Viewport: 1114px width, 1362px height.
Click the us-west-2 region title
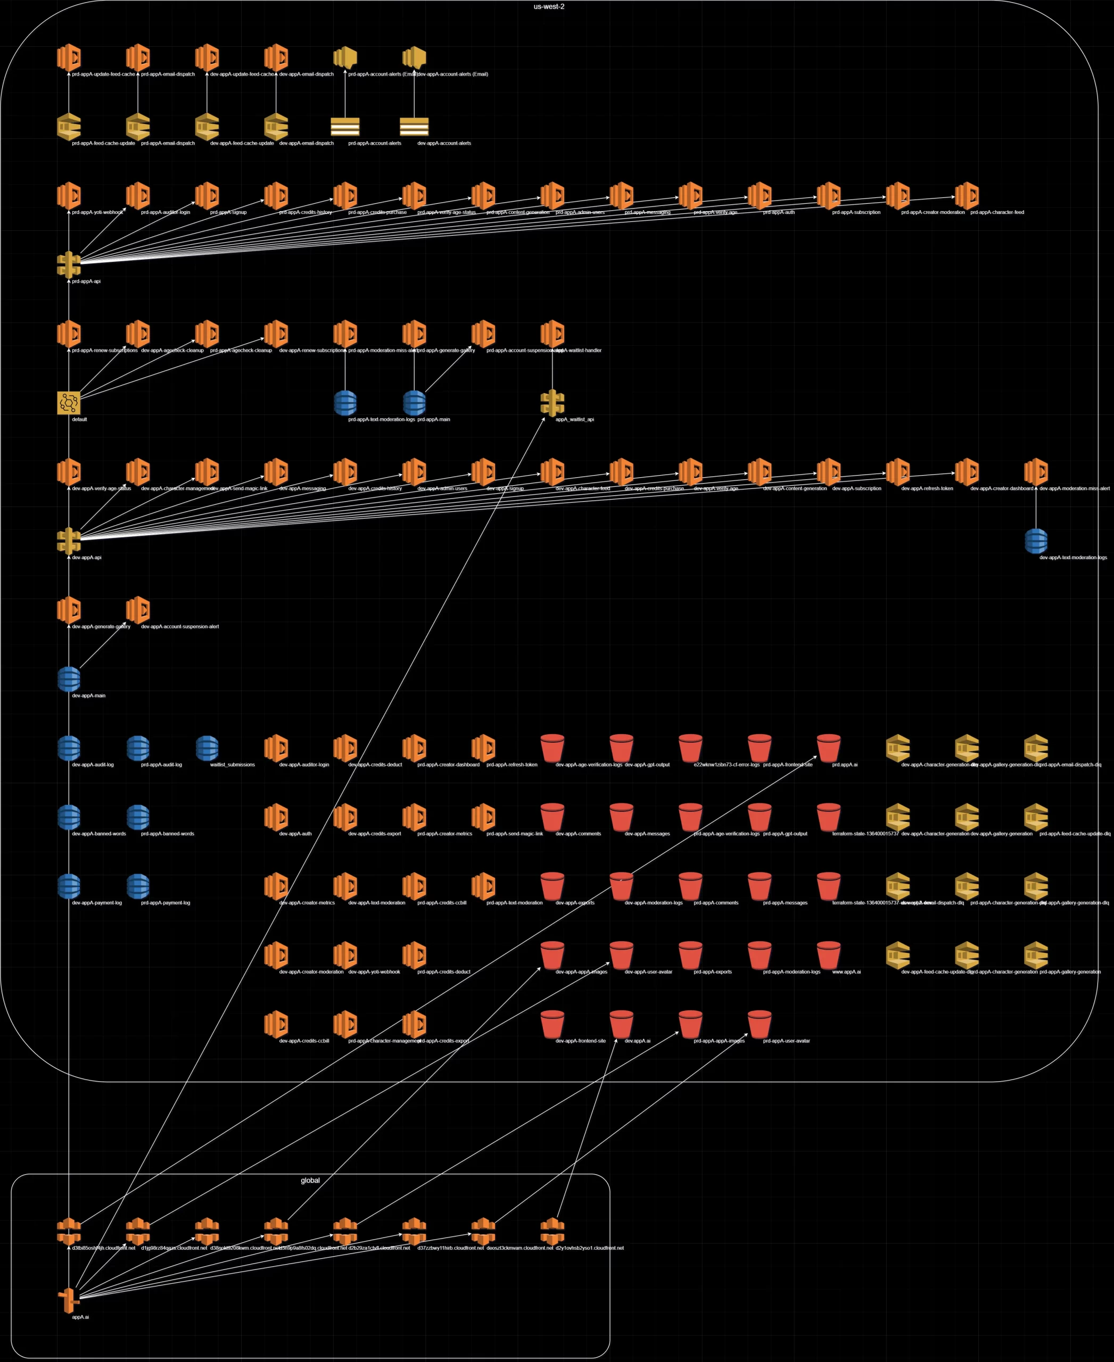pyautogui.click(x=549, y=7)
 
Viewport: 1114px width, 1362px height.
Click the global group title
pyautogui.click(x=310, y=1181)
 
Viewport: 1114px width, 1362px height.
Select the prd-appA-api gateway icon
pyautogui.click(x=69, y=264)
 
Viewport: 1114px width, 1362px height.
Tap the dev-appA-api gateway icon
pyautogui.click(x=69, y=541)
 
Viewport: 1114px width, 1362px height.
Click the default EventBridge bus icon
pyautogui.click(x=69, y=403)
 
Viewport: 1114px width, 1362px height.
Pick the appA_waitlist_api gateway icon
pyautogui.click(x=552, y=403)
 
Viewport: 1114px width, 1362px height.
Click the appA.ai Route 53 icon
pyautogui.click(x=69, y=1300)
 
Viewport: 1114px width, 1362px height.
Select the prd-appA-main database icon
pyautogui.click(x=414, y=403)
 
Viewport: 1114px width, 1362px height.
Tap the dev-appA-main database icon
pyautogui.click(x=69, y=679)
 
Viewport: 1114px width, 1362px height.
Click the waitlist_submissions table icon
pyautogui.click(x=207, y=748)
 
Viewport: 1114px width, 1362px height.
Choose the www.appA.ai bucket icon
pyautogui.click(x=828, y=955)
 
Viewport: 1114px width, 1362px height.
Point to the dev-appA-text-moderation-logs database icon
pyautogui.click(x=1036, y=541)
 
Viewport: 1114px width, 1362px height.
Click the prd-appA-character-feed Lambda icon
pyautogui.click(x=967, y=196)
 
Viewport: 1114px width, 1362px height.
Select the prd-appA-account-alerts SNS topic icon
pyautogui.click(x=344, y=127)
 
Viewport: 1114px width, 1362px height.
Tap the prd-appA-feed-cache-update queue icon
pyautogui.click(x=69, y=127)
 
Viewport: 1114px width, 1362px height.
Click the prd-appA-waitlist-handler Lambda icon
pyautogui.click(x=552, y=334)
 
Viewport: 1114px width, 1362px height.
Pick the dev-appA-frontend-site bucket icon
pyautogui.click(x=552, y=1025)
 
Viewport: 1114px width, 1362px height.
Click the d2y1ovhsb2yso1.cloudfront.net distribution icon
pyautogui.click(x=552, y=1232)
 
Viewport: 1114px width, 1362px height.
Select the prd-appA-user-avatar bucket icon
pyautogui.click(x=759, y=1025)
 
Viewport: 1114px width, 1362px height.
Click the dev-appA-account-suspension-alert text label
pyautogui.click(x=180, y=627)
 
